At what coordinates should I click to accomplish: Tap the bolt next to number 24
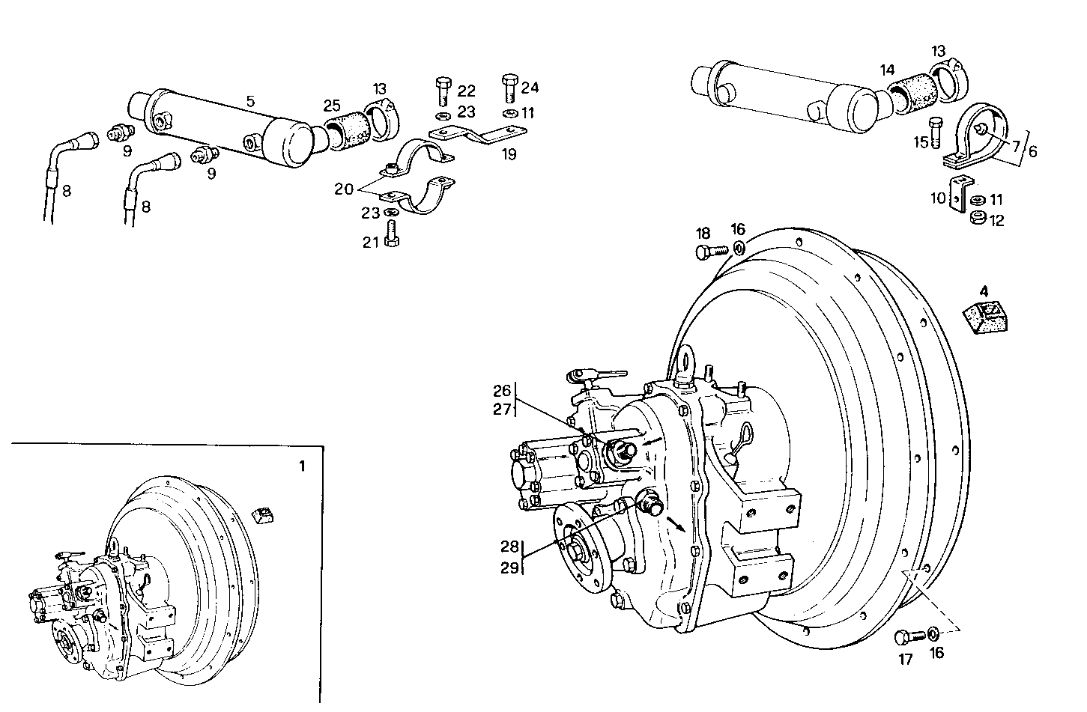pos(510,88)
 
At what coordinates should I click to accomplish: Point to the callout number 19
pos(509,155)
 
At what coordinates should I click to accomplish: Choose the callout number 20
pos(344,189)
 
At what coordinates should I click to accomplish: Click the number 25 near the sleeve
pos(332,106)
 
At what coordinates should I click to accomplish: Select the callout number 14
pos(887,70)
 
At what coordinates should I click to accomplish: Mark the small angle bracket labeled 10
pos(957,195)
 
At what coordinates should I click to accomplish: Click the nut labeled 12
pos(976,219)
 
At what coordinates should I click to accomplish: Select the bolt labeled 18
pos(710,252)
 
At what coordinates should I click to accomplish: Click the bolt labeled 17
pos(908,637)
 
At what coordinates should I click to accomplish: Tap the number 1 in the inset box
pos(302,466)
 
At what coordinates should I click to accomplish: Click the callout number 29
pos(509,568)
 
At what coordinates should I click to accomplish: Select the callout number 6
pos(1032,151)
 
